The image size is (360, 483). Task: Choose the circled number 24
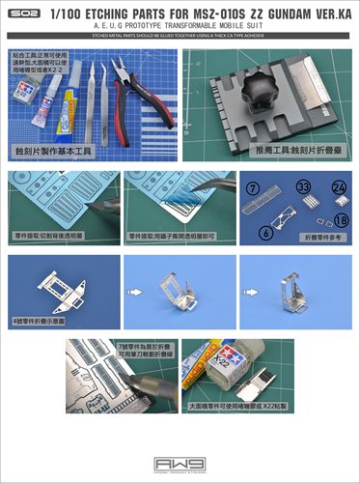(338, 187)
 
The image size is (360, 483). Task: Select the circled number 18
(341, 221)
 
